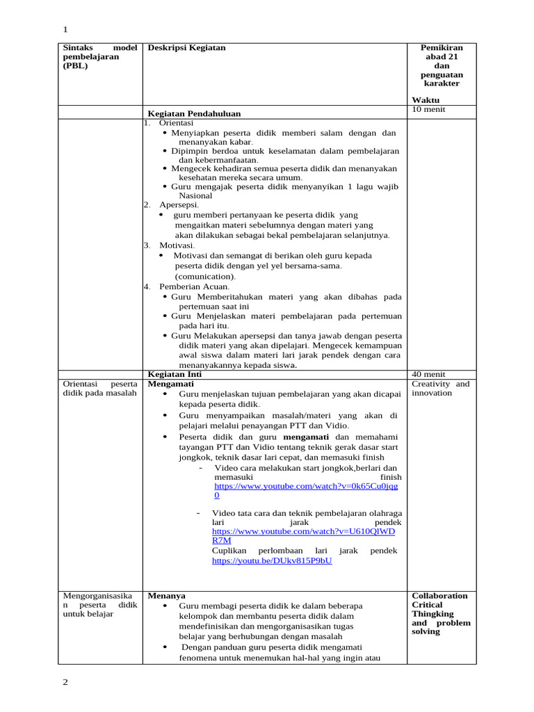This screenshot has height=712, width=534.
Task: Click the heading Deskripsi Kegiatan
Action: (186, 48)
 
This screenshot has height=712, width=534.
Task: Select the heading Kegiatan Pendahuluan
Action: (195, 113)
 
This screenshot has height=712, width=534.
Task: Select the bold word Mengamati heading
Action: (171, 384)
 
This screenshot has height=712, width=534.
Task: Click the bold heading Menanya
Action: (166, 596)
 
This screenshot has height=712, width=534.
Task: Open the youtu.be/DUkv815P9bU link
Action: (272, 560)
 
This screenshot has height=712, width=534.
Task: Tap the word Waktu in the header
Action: (426, 100)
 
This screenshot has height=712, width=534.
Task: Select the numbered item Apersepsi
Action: (179, 205)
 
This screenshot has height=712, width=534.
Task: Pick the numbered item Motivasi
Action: (177, 245)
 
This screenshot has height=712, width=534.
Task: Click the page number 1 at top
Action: (65, 29)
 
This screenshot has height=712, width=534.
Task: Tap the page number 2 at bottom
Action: (65, 682)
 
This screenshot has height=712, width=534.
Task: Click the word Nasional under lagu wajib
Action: (195, 196)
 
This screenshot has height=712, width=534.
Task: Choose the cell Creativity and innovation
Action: (440, 389)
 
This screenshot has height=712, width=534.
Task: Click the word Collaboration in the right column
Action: (439, 596)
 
